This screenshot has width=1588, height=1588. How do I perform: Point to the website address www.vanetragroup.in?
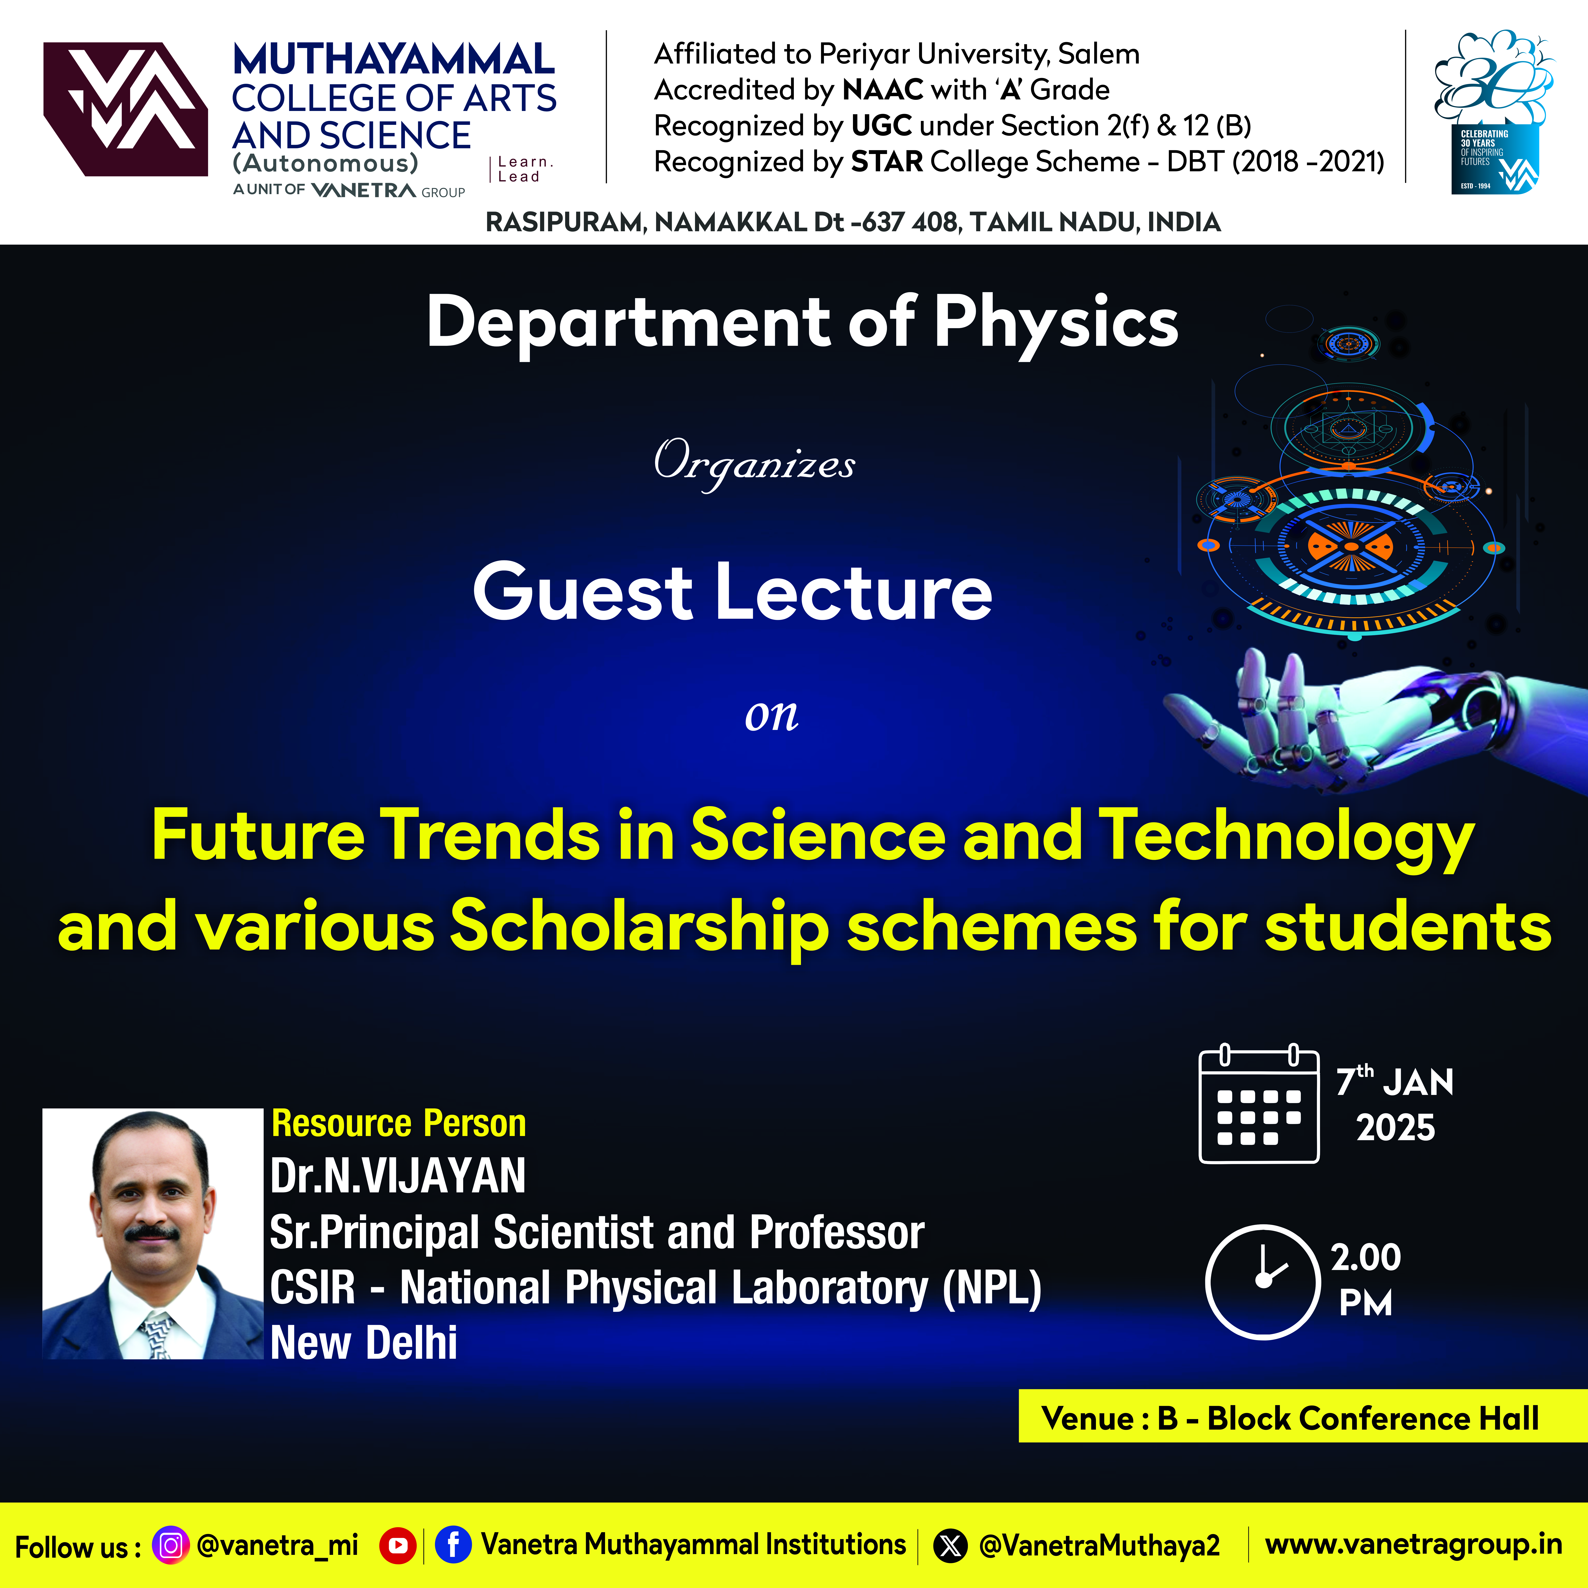(x=1414, y=1545)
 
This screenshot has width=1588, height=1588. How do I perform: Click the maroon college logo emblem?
(x=125, y=109)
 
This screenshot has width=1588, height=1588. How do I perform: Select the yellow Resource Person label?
(x=399, y=1124)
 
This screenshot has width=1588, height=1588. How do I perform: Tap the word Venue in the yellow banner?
(x=1087, y=1419)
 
